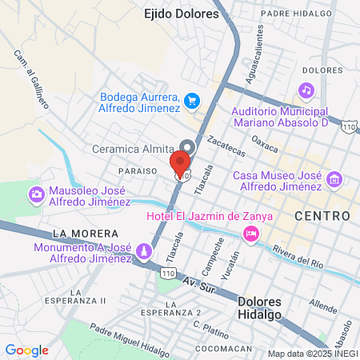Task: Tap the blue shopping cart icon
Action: point(191,101)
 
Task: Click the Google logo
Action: point(27,350)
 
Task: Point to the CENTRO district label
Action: point(322,216)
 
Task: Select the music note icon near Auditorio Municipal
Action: point(306,90)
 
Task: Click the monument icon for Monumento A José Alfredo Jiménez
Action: point(143,253)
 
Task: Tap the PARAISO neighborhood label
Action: point(135,171)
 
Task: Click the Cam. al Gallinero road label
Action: point(31,79)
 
